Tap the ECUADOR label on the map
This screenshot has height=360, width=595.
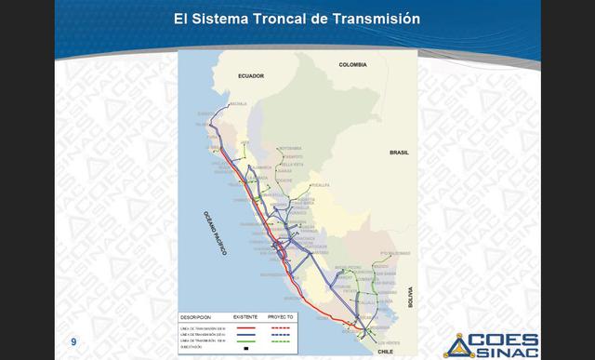[x=251, y=75]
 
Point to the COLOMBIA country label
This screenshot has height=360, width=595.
[x=354, y=65]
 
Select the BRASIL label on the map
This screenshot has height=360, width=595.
[x=400, y=151]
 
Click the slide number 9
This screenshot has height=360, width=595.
[x=73, y=343]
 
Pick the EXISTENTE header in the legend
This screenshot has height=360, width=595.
[x=246, y=316]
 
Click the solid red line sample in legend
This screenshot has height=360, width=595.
[x=245, y=328]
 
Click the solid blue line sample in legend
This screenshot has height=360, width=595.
[x=245, y=335]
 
